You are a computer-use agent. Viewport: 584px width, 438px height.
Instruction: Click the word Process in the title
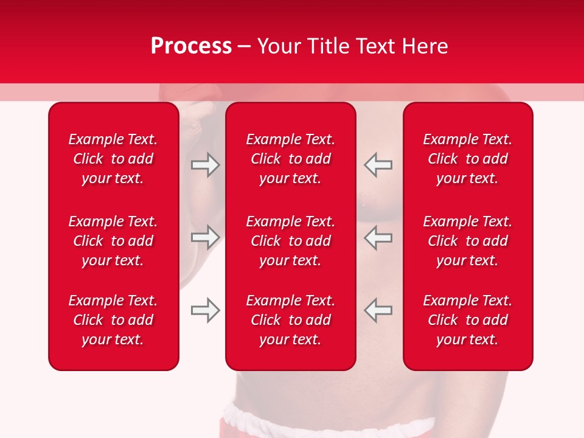191,46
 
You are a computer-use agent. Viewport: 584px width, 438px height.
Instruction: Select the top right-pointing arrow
205,165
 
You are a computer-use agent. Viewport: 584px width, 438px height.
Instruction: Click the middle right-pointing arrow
205,237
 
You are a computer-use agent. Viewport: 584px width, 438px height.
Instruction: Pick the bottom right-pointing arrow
205,310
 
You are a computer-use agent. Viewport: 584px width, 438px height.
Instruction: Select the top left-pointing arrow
378,165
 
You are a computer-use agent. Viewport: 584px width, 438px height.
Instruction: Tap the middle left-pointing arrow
378,237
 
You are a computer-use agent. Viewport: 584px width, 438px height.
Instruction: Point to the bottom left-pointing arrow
378,310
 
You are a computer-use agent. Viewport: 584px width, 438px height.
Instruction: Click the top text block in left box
113,159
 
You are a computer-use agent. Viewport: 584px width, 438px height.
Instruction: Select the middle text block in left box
113,241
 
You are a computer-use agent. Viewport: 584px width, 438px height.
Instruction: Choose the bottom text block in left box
113,320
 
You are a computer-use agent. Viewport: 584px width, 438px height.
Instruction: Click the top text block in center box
291,159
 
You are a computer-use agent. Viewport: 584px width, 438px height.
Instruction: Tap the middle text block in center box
291,241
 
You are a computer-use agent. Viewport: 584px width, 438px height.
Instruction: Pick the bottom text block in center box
291,320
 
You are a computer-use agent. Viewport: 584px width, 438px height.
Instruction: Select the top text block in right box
468,159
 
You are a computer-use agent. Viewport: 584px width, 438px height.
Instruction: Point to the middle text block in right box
468,241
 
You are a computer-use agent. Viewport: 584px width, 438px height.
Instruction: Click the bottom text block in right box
468,320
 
